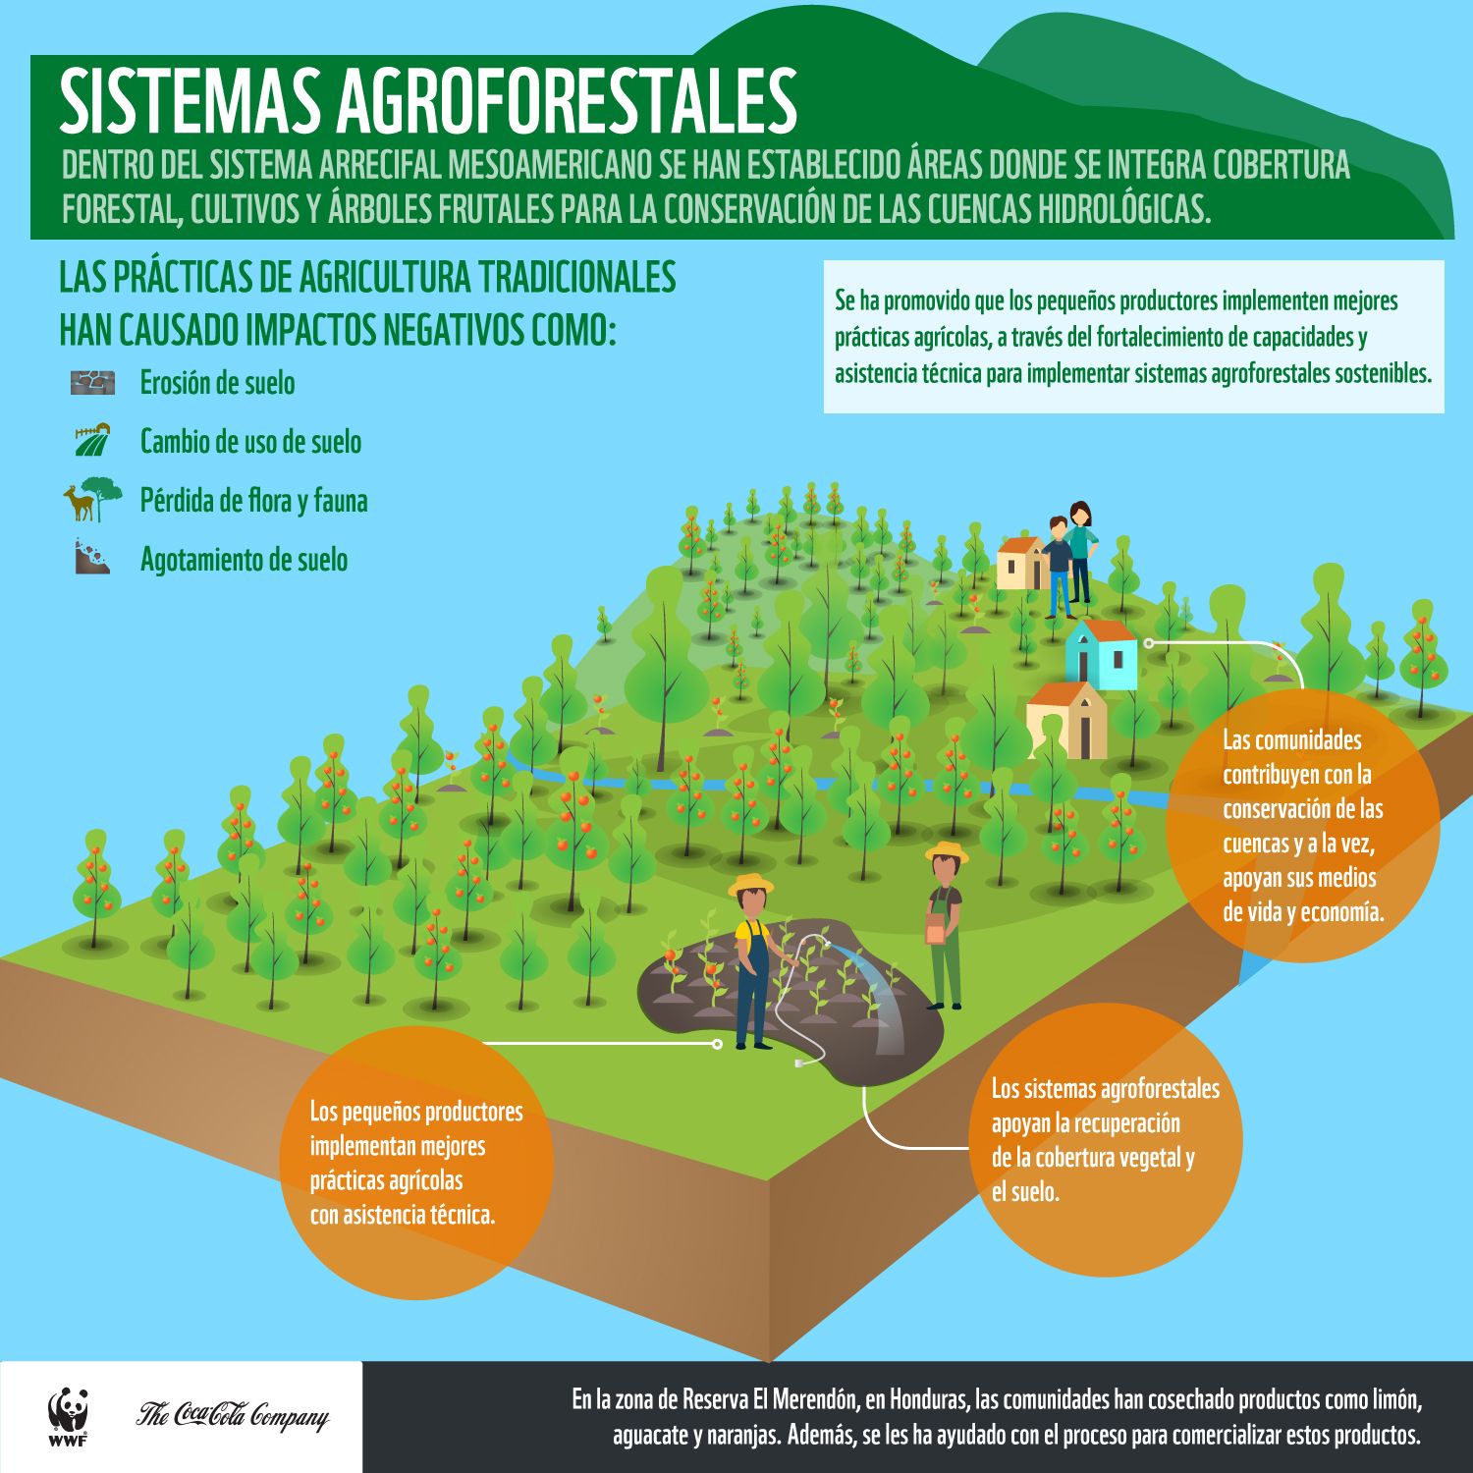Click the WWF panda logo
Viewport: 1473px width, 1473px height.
click(68, 1414)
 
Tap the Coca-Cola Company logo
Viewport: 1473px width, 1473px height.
click(232, 1415)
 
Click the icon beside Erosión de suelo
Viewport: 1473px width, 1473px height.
click(93, 382)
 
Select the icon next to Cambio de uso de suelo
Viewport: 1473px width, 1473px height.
click(93, 440)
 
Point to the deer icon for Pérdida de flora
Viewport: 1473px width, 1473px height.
click(79, 503)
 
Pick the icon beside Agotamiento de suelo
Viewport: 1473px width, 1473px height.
click(93, 557)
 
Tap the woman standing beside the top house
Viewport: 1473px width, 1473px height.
click(1080, 550)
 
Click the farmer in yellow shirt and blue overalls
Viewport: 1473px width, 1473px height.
click(751, 962)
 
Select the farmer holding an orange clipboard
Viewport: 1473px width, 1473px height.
click(945, 928)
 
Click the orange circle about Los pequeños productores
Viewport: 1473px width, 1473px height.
click(417, 1163)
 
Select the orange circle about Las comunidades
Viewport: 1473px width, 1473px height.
click(1303, 825)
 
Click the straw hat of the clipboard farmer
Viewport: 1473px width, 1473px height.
click(947, 850)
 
